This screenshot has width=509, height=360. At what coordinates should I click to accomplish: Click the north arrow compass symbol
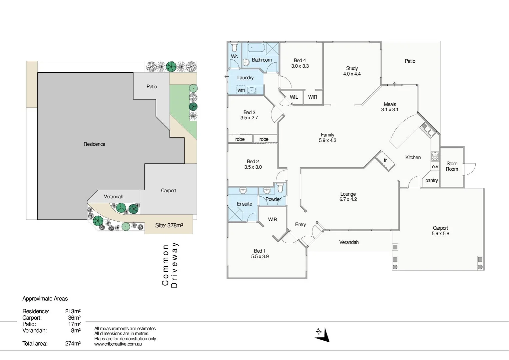(x=322, y=335)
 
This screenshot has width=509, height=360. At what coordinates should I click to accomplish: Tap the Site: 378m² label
(x=169, y=226)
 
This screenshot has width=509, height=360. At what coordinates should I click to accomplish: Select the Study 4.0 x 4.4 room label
(x=352, y=71)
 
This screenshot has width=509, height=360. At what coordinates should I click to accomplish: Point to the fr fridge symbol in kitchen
(x=385, y=161)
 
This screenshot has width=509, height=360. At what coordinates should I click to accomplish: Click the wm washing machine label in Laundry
(x=241, y=90)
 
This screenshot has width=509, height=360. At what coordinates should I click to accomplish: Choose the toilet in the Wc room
(x=234, y=47)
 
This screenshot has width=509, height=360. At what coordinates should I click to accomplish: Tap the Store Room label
(x=452, y=166)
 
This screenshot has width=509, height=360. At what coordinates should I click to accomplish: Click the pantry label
(x=431, y=181)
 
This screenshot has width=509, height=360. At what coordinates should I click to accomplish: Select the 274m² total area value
(x=73, y=344)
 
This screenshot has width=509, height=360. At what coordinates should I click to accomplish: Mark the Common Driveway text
(x=170, y=265)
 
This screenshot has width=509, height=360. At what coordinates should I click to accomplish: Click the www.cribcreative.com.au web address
(x=118, y=344)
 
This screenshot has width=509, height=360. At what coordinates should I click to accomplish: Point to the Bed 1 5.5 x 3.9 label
(x=260, y=254)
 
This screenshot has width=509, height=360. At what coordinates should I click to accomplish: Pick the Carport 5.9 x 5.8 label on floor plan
(x=440, y=231)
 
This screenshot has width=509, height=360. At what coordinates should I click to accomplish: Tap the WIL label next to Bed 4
(x=294, y=97)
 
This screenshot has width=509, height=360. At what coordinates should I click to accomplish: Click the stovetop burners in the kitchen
(x=435, y=156)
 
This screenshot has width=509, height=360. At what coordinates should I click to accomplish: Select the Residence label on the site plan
(x=94, y=144)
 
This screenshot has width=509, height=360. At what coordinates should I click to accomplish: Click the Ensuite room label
(x=245, y=204)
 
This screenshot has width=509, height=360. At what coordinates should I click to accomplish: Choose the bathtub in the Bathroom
(x=256, y=48)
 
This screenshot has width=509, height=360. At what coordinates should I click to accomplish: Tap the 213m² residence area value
(x=73, y=311)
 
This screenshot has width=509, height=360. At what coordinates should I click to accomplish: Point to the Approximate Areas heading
(x=45, y=299)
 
